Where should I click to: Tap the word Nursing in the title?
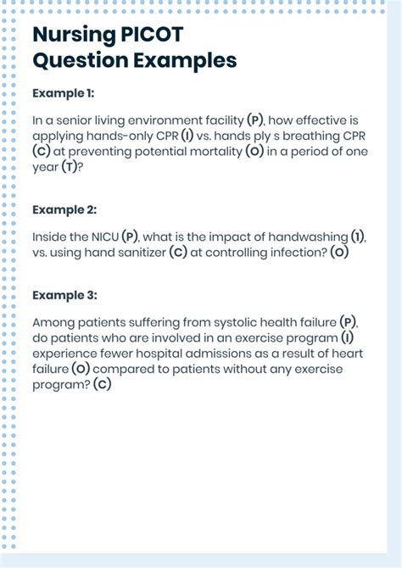71,35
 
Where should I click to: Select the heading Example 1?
64,92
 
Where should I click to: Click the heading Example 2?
64,209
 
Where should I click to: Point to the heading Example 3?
64,295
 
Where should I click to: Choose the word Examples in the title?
181,60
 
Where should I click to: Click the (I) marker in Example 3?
347,338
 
